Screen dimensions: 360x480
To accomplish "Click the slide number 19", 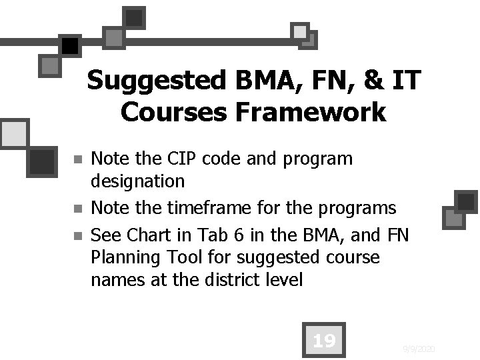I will tap(323, 341).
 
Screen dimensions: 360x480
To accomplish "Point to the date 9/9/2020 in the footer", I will tap(419, 349).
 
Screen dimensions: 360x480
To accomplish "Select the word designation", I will tap(137, 181).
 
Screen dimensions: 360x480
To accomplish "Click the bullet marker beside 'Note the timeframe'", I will tap(77, 209).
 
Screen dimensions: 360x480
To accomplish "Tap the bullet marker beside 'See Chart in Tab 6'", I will tap(77, 235).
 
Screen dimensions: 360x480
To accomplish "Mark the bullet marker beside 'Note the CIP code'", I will tap(77, 160).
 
